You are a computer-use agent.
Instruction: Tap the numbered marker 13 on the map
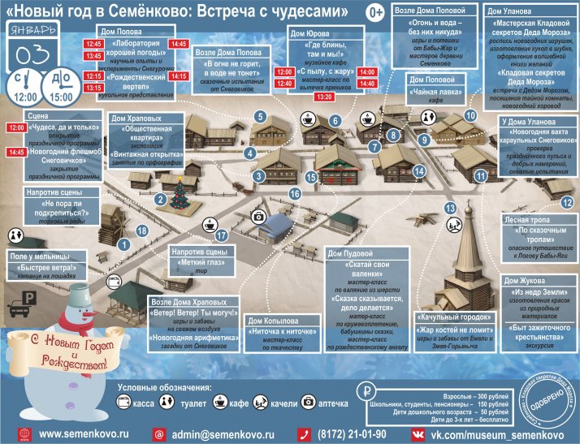[449, 208]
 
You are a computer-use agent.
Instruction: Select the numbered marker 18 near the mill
[143, 231]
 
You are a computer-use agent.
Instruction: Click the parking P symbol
[28, 298]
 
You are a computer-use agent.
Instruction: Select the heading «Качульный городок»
[444, 317]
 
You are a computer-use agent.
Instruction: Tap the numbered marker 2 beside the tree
[161, 199]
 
